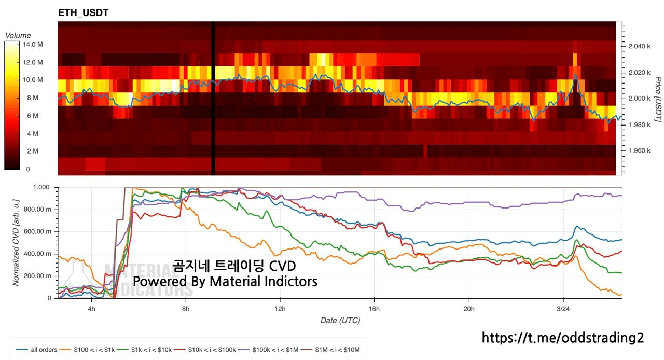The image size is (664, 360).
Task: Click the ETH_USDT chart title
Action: click(x=84, y=13)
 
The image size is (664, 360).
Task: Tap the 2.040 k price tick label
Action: click(x=636, y=47)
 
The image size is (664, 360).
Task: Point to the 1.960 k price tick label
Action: click(x=636, y=150)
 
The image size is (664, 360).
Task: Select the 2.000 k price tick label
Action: click(x=636, y=99)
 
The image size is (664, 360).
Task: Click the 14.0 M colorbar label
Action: click(x=32, y=44)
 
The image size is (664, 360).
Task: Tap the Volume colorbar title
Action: click(x=18, y=35)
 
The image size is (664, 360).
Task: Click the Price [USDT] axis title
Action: click(x=657, y=99)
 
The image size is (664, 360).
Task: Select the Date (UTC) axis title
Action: click(x=340, y=321)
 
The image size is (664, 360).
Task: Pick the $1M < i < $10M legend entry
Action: click(x=335, y=350)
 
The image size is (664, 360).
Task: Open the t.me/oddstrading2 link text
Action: click(x=563, y=338)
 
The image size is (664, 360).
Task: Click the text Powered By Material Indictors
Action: click(x=225, y=282)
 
